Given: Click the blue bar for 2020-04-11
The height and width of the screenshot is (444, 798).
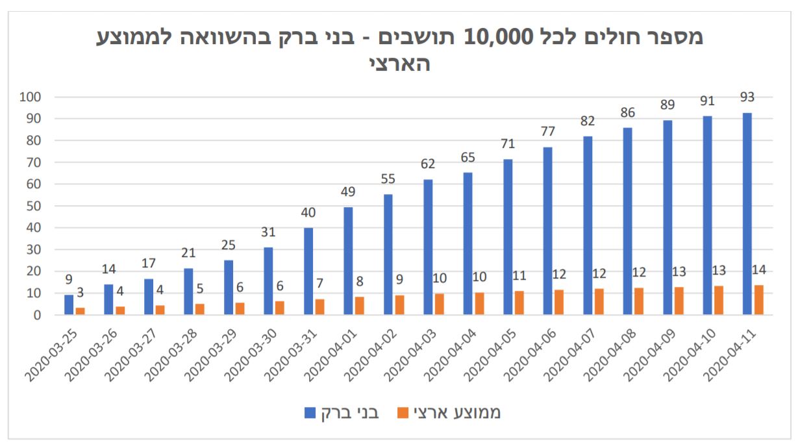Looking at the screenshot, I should click(747, 214).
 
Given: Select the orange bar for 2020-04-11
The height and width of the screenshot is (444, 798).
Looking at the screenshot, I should click(758, 300).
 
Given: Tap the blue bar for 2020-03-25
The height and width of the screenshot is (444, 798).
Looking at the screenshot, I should click(69, 304).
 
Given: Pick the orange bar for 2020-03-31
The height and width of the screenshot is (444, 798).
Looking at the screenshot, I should click(320, 307).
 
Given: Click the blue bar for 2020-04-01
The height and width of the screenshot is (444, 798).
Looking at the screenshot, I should click(348, 261).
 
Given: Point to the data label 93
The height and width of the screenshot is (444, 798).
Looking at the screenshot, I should click(747, 98).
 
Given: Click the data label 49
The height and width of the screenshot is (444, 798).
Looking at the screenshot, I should click(348, 191).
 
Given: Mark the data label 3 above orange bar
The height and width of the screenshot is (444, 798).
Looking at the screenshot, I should click(81, 293).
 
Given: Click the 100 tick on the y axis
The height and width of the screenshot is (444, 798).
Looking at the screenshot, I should click(32, 97).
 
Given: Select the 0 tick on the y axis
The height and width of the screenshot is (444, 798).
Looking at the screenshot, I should click(38, 315).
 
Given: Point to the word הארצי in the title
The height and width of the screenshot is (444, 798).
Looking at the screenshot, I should click(399, 64).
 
